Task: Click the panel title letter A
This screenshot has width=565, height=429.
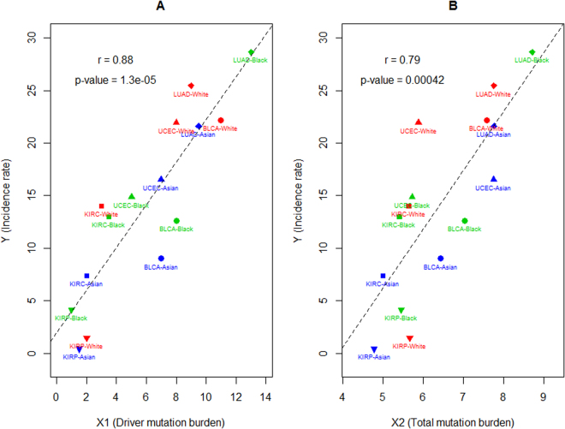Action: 161,8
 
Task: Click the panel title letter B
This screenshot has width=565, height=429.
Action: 454,8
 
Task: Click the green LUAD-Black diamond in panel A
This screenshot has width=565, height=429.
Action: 251,52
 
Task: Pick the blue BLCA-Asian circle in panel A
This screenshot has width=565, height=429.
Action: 161,259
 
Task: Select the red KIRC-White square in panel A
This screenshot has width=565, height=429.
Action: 101,206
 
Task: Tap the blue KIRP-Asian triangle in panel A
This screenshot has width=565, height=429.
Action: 79,349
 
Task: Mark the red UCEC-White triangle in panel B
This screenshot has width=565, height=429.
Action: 419,122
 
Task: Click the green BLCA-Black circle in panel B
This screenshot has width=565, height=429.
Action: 465,221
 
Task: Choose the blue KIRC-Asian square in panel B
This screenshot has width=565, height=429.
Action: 383,276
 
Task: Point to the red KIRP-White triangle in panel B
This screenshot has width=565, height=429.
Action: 409,339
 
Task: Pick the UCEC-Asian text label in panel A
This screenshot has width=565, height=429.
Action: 161,188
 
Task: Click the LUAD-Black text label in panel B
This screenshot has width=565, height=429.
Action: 532,60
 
